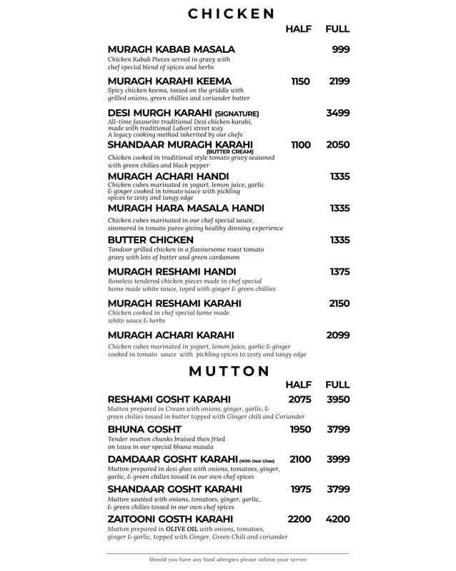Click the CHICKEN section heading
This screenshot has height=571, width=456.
[x=231, y=13]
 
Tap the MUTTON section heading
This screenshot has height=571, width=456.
[x=228, y=370]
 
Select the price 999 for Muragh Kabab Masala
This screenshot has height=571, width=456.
[x=340, y=49]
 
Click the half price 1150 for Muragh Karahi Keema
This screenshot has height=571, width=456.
[x=300, y=81]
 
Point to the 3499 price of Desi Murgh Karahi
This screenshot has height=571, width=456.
[x=337, y=113]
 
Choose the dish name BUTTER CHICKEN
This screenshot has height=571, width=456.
[x=151, y=240]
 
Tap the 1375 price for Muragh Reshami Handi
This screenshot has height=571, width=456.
[x=339, y=272]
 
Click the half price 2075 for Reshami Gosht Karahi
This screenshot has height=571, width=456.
[x=300, y=399]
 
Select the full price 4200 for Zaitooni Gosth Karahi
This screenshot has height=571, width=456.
[x=337, y=519]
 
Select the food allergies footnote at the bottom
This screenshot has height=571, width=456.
[x=228, y=560]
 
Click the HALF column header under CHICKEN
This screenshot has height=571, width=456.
[x=298, y=29]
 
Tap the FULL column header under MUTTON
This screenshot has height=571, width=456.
[x=337, y=385]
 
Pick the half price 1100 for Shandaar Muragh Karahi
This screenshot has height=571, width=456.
[x=300, y=145]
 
